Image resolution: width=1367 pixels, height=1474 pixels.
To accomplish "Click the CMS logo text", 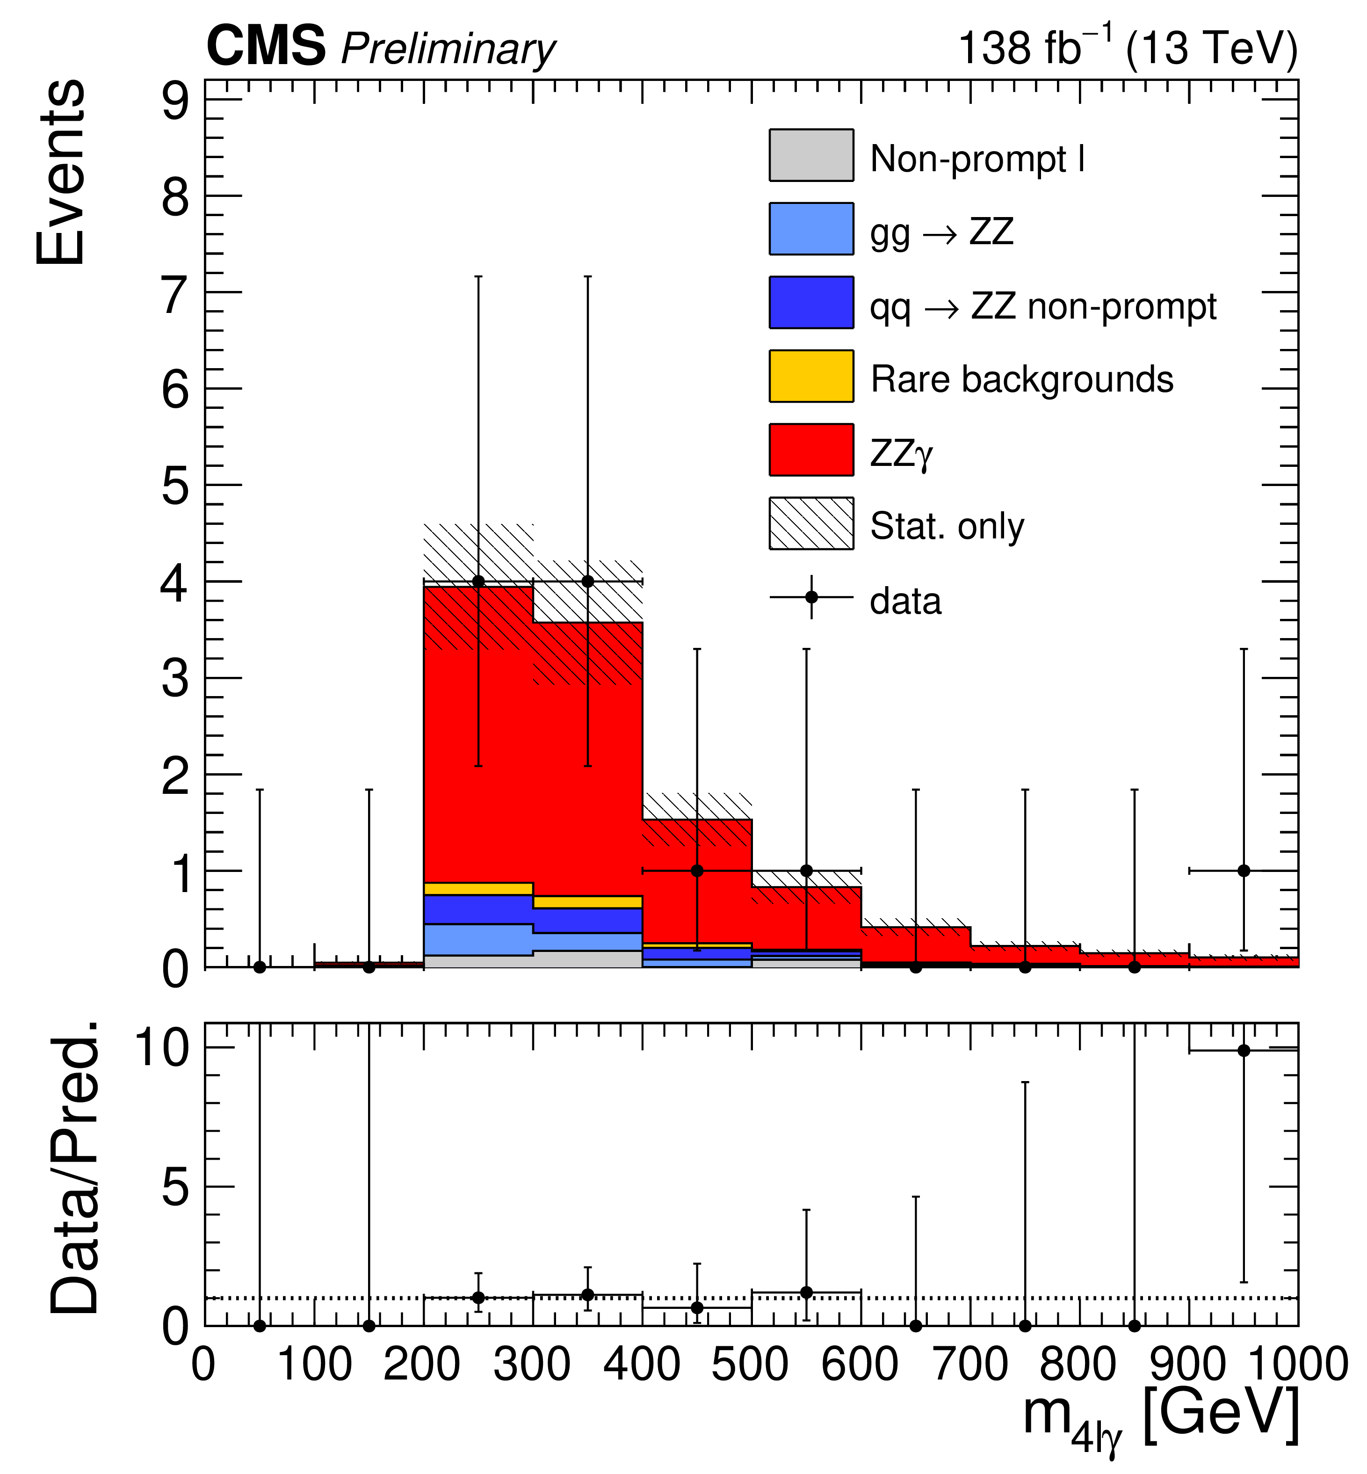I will [266, 46].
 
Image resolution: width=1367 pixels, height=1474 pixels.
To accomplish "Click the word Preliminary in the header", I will [448, 51].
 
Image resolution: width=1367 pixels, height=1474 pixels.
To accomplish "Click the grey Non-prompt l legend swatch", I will [811, 155].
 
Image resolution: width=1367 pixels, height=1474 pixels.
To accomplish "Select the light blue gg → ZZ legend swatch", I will [811, 229].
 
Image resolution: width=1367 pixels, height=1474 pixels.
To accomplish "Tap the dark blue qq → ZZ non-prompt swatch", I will [811, 302].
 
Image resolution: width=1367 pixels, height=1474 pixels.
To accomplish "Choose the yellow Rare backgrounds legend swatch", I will [811, 376].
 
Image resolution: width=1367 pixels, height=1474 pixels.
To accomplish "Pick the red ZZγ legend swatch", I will [811, 449].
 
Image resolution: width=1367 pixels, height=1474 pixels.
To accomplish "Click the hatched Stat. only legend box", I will [811, 523].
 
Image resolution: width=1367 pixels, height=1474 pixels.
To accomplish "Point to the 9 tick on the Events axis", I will [176, 101].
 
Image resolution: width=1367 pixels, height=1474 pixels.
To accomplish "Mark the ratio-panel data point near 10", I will [1244, 1051].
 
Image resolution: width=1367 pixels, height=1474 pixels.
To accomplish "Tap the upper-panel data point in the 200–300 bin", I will [478, 581].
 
